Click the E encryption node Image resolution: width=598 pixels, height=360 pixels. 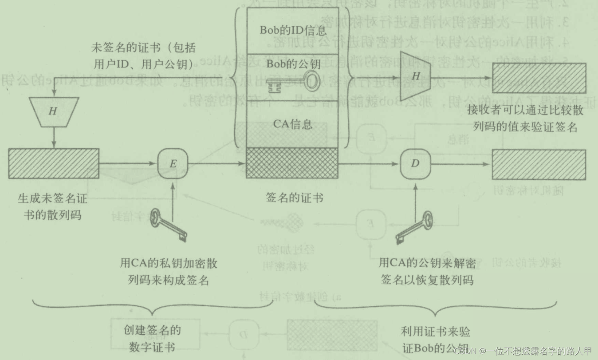click(x=173, y=163)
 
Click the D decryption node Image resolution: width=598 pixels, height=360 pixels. click(x=415, y=163)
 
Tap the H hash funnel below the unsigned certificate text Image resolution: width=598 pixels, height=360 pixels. click(x=53, y=111)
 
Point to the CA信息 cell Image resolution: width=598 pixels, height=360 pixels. click(x=292, y=124)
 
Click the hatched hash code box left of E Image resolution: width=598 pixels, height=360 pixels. click(x=54, y=164)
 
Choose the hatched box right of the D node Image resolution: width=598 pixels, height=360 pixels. click(x=539, y=164)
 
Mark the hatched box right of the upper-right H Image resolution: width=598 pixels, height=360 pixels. click(x=539, y=78)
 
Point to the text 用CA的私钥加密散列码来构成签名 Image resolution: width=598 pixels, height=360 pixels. click(x=169, y=271)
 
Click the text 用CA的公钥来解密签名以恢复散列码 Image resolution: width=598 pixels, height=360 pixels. click(x=427, y=271)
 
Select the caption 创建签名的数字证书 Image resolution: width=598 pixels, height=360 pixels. click(x=152, y=338)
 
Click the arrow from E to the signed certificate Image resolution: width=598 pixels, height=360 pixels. click(x=217, y=164)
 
